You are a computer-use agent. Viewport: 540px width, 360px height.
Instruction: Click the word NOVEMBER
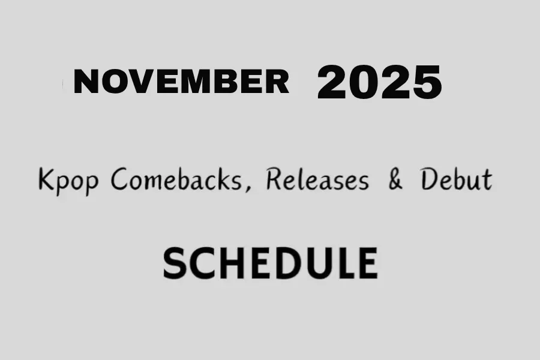point(181,82)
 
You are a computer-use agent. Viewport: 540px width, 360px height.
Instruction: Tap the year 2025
point(379,82)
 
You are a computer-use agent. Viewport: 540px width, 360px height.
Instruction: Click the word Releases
point(316,179)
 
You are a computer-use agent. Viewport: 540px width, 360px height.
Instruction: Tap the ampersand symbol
point(395,179)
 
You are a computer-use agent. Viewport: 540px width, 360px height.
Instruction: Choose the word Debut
point(456,179)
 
